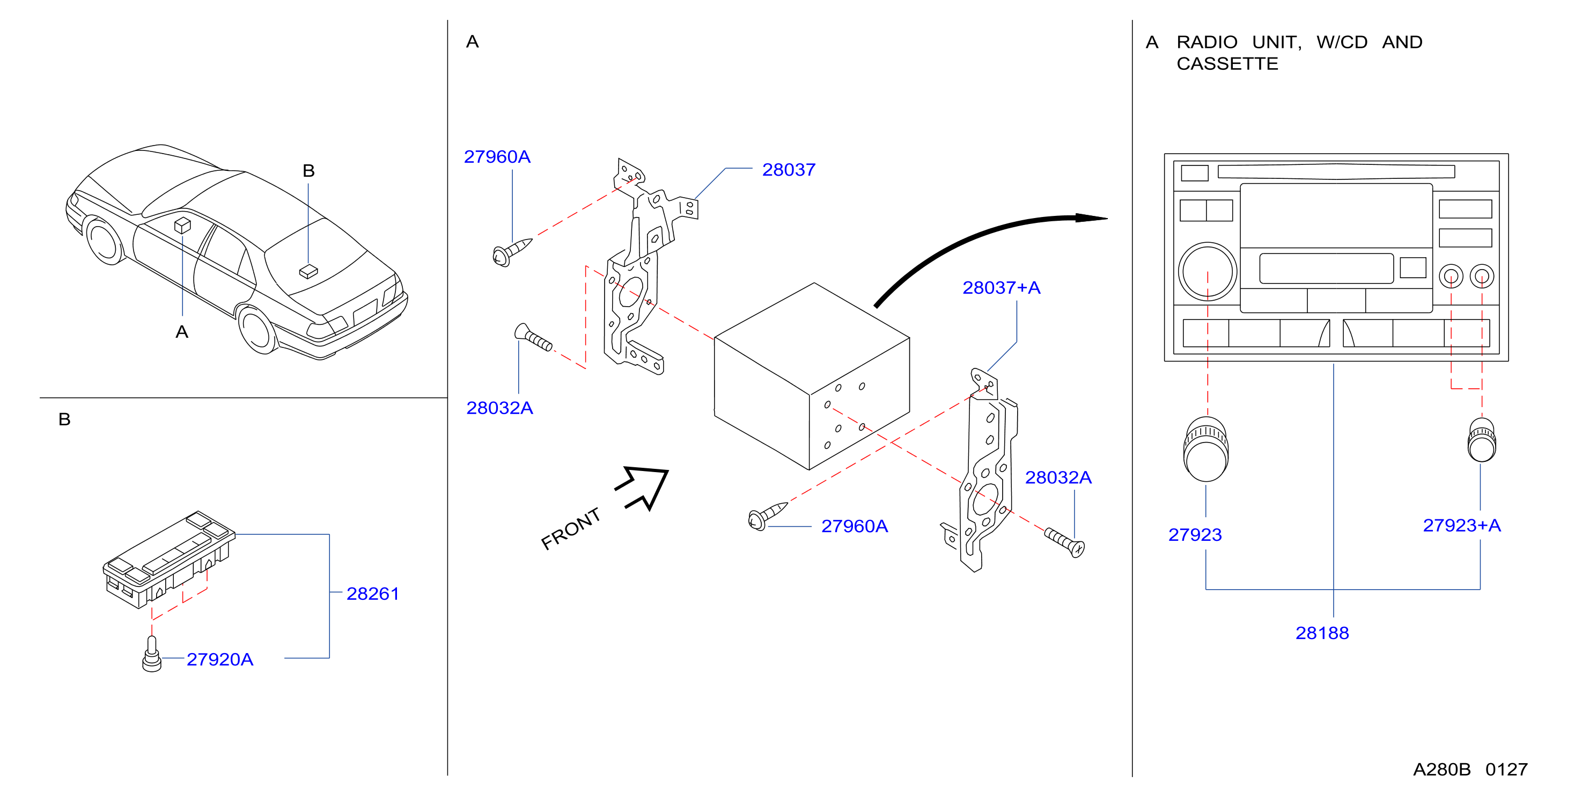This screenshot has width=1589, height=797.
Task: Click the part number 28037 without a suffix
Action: [789, 170]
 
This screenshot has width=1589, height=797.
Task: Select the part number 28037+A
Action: [1001, 288]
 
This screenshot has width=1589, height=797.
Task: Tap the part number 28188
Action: [1322, 633]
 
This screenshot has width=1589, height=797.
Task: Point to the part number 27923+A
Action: [1461, 525]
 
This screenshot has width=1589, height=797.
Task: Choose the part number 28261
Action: [373, 594]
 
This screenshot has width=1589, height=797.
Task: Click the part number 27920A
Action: [219, 660]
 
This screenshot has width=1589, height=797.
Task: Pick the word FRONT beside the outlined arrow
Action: [571, 528]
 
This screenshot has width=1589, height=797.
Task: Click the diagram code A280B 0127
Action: [1470, 769]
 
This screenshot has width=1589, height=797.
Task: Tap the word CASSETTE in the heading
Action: [1227, 63]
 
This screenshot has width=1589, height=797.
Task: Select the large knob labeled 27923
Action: [1206, 450]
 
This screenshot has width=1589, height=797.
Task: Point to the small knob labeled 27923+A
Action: [1482, 439]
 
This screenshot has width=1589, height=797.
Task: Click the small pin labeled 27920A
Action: [152, 654]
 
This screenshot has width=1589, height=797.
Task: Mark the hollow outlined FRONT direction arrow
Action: [643, 488]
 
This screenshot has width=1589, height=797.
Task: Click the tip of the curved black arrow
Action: [1108, 218]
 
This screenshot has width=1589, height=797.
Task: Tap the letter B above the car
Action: [308, 171]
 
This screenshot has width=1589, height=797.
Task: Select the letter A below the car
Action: [181, 332]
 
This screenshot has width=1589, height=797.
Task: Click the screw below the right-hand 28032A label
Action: [1064, 542]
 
